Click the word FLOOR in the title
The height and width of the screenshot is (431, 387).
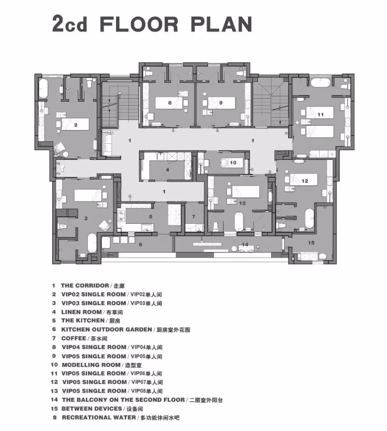139,24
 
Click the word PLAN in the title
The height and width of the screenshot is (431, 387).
221,24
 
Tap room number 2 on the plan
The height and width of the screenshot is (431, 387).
76,125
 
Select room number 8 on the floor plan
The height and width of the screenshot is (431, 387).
170,103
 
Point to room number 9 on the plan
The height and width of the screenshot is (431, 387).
221,103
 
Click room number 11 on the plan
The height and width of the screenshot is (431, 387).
320,114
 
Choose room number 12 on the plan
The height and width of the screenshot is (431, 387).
305,181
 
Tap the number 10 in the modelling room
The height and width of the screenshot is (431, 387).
233,163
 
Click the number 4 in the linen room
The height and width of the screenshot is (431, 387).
168,170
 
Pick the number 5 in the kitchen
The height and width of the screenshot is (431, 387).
151,216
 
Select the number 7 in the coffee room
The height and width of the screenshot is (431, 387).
193,216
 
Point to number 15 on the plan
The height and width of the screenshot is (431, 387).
311,243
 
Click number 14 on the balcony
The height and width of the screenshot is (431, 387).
245,244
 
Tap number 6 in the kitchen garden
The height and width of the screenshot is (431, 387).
140,244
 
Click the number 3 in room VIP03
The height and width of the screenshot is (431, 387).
86,218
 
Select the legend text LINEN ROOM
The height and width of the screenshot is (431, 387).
81,312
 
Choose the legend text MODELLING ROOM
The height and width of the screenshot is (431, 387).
91,365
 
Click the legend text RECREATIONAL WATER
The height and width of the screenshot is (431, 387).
99,417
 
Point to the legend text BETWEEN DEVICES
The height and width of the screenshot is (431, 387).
92,409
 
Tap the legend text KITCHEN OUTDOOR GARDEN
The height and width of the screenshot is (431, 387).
106,330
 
